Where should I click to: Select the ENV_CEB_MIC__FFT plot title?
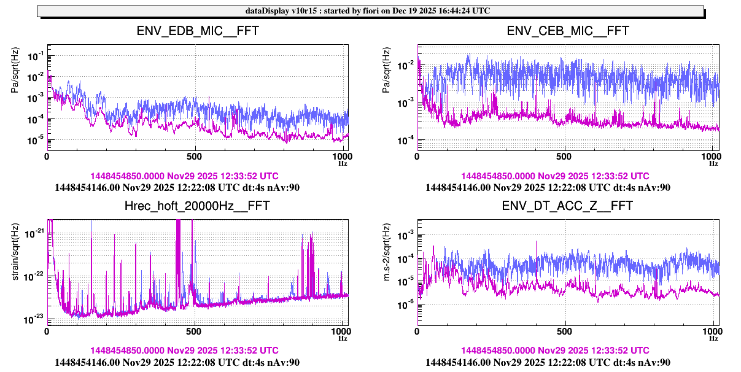[568, 31]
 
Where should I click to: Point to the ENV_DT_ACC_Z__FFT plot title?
[568, 206]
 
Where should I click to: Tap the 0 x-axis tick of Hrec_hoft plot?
[47, 331]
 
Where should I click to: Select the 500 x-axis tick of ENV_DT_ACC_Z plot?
[565, 331]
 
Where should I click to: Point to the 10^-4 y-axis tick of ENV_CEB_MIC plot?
[405, 141]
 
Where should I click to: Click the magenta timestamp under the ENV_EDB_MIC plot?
[184, 176]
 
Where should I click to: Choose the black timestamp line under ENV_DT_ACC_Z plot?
[548, 362]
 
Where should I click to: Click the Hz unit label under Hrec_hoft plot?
[343, 338]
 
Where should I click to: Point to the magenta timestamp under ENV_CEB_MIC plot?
[555, 176]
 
